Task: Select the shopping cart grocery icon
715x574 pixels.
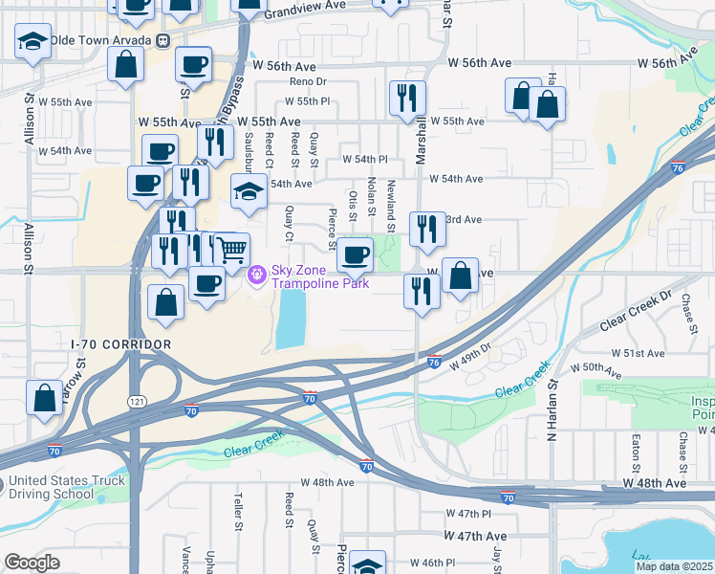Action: click(231, 251)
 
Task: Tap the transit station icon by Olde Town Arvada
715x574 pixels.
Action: click(164, 40)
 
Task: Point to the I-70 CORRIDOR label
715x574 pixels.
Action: click(121, 343)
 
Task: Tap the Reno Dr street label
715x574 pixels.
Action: click(308, 82)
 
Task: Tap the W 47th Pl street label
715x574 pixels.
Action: click(467, 515)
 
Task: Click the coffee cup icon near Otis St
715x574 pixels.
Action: click(356, 254)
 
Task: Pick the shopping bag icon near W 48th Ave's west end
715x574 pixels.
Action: click(45, 398)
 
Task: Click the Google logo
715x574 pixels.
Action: click(32, 563)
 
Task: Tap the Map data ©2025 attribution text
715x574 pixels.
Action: click(673, 566)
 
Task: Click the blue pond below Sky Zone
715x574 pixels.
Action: click(291, 318)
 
